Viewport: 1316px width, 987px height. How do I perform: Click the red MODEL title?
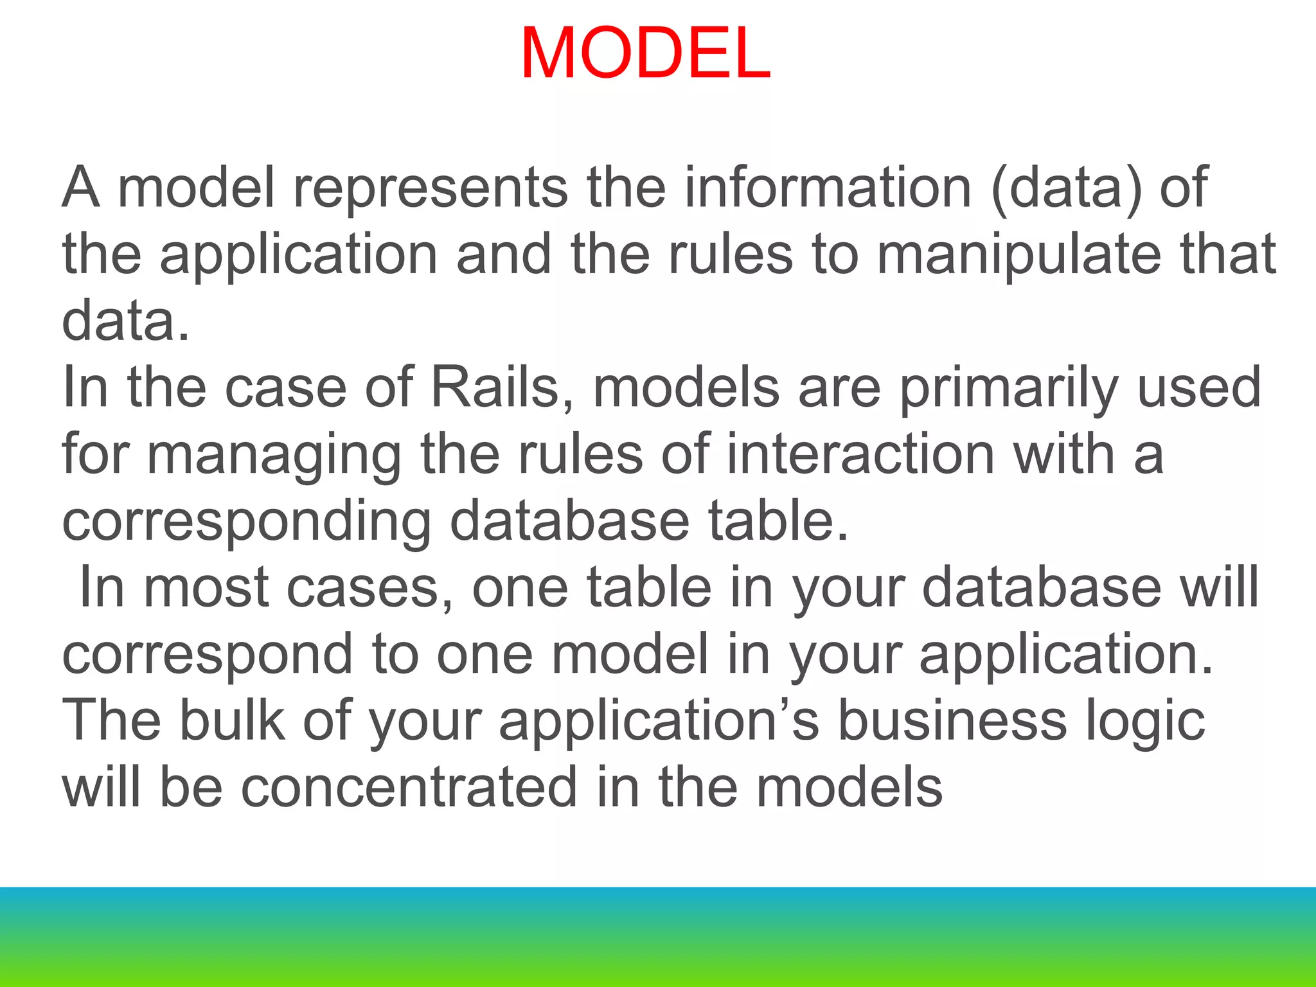[645, 54]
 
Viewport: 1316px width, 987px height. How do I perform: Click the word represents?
[431, 188]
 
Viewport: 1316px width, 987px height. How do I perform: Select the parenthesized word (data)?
[1067, 188]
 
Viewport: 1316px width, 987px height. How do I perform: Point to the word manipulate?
[1019, 256]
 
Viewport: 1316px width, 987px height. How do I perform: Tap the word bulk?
[231, 721]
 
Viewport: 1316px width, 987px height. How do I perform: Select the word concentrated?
[409, 788]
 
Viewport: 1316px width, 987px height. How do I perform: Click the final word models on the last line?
[848, 788]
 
